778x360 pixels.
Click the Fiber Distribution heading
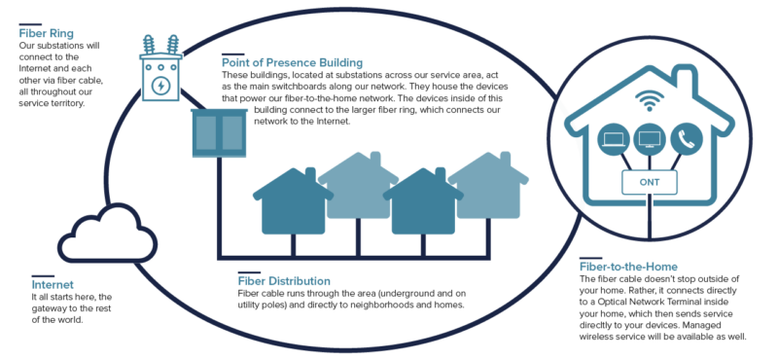(289, 280)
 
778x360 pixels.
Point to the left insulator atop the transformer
(150, 46)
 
